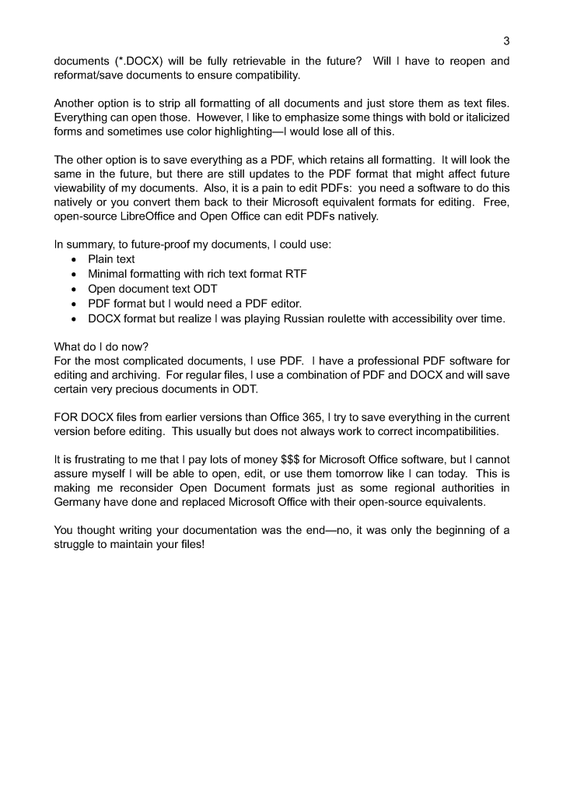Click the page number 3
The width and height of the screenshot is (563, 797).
tap(506, 41)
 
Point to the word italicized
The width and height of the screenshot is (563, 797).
tap(480, 118)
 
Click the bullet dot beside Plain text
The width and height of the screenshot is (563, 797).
tap(73, 260)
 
